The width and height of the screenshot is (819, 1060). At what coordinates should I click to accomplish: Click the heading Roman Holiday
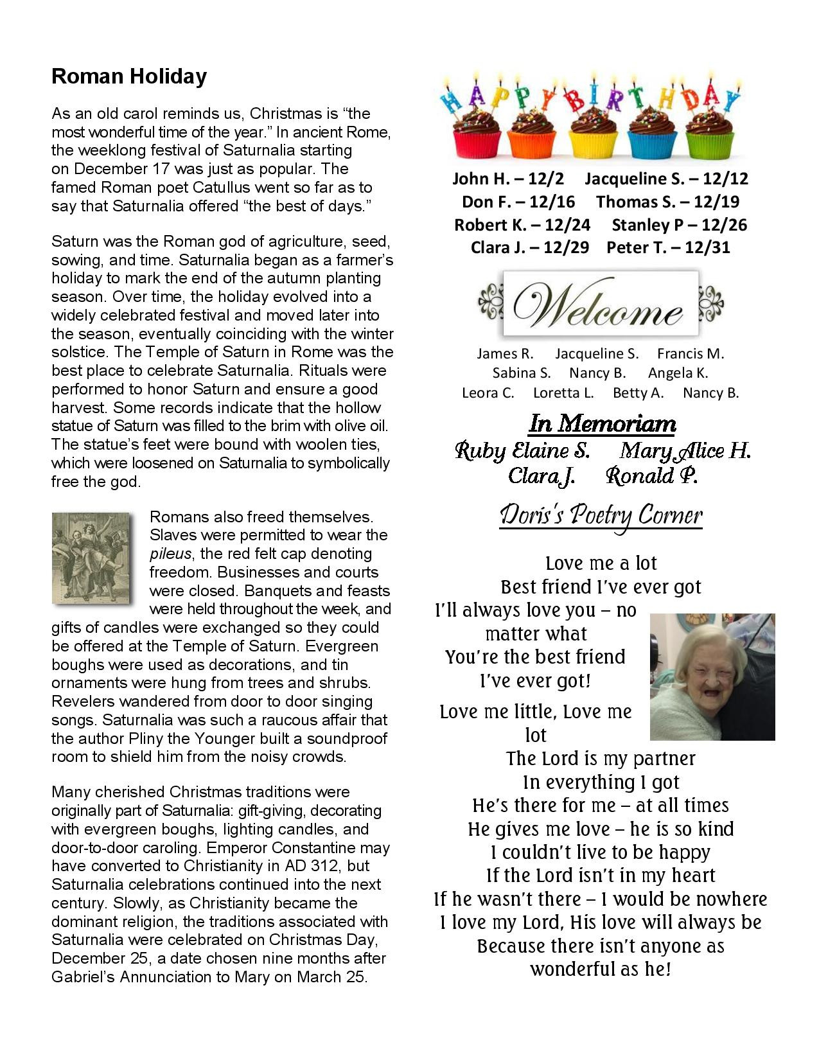pos(128,76)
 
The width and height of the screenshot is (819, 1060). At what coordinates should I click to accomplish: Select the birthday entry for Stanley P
pos(679,225)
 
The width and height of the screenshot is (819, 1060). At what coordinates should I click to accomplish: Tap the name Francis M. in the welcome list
pos(690,353)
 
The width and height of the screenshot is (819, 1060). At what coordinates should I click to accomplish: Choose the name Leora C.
pos(488,393)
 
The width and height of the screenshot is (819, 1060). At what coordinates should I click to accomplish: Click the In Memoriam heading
pos(602,424)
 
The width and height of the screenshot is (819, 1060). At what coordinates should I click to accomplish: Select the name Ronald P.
pos(651,476)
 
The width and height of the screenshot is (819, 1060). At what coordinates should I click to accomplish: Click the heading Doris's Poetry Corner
pos(601,516)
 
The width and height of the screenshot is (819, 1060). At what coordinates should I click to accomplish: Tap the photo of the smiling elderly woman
pos(712,676)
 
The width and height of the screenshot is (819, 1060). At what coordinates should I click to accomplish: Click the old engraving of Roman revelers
pos(91,558)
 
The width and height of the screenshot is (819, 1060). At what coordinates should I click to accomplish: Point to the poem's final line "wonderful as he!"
pos(601,969)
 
